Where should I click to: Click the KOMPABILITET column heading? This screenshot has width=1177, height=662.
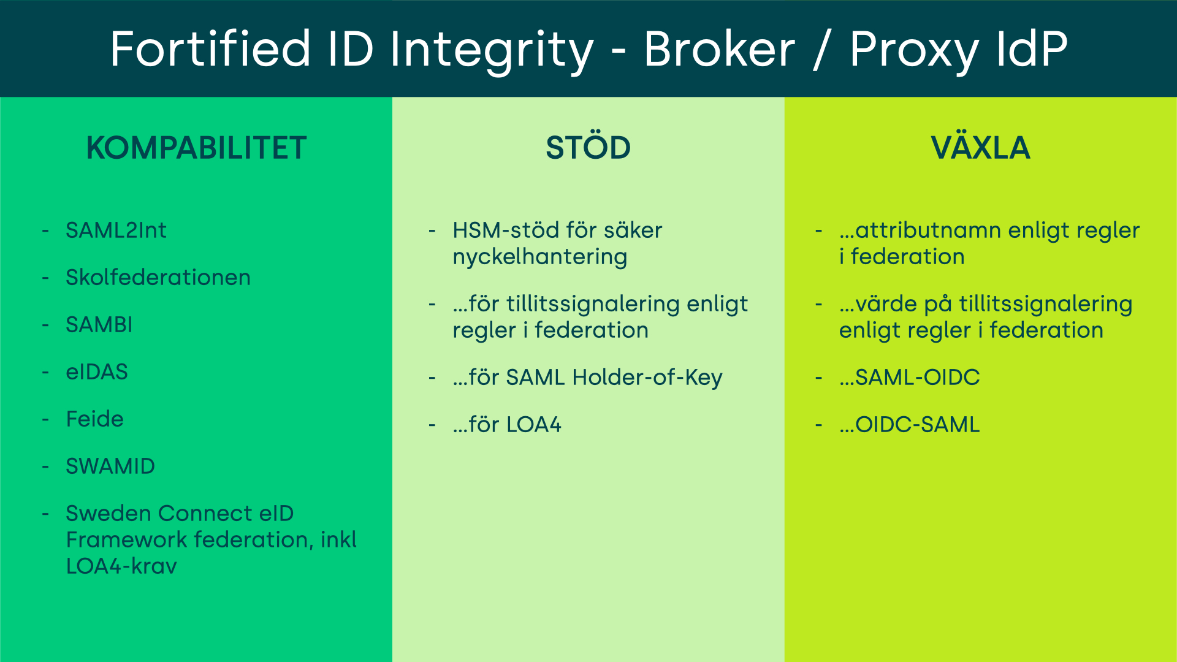point(196,148)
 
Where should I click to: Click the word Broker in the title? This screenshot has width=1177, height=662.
point(719,49)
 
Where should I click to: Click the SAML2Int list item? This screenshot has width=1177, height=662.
point(116,230)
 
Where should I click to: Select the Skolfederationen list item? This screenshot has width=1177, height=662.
point(158,278)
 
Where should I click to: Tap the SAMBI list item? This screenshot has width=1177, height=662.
point(99,325)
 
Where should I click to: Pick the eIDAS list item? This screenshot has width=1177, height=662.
point(97,372)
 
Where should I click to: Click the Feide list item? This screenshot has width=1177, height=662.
point(94,419)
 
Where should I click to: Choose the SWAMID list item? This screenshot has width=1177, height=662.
point(110,466)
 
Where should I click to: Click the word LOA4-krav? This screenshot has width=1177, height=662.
point(121,566)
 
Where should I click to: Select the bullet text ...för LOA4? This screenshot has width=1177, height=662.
point(507,425)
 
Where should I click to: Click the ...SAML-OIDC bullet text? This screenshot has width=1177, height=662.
point(910,378)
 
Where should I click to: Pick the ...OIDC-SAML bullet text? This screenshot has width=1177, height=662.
point(910,425)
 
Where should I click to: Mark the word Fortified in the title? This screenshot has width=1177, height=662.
point(210,49)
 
